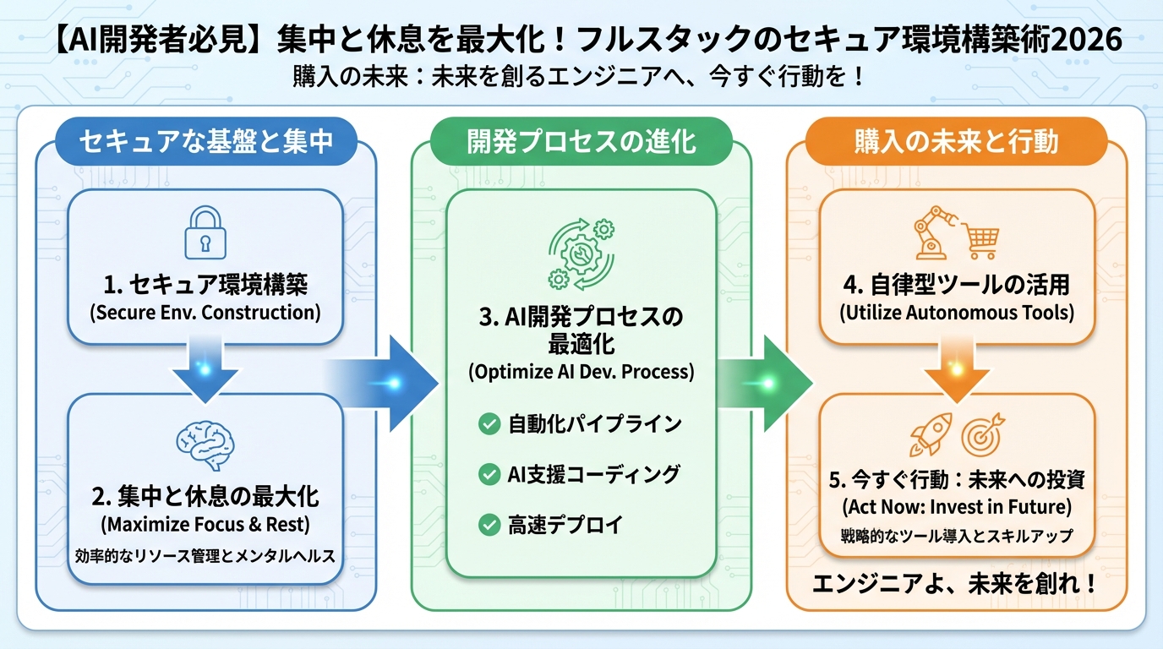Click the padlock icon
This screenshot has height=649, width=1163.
[x=205, y=234]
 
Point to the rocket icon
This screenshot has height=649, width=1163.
[x=931, y=434]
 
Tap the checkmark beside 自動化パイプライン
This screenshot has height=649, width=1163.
[x=489, y=424]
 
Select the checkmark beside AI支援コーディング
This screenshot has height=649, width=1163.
[x=489, y=475]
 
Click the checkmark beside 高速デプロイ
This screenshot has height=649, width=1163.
[x=489, y=525]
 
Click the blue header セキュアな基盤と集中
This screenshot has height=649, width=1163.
[x=206, y=141]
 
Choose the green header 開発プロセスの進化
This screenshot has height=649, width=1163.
[x=581, y=141]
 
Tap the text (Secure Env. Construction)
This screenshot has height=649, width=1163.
[x=205, y=312]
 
